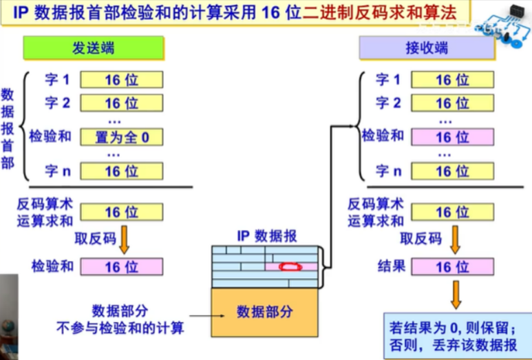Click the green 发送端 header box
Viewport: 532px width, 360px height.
94,48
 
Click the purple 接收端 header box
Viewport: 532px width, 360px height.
427,48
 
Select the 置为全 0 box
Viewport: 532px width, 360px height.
122,137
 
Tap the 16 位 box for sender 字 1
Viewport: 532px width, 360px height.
122,80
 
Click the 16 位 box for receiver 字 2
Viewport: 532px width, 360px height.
452,103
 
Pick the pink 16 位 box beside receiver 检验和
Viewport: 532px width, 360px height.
452,137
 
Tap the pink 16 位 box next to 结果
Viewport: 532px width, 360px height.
452,266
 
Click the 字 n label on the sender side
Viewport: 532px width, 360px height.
57,171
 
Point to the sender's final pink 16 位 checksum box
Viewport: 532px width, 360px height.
122,266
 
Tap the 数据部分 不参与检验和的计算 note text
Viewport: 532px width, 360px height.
120,319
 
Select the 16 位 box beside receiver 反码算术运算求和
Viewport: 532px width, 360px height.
452,212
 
